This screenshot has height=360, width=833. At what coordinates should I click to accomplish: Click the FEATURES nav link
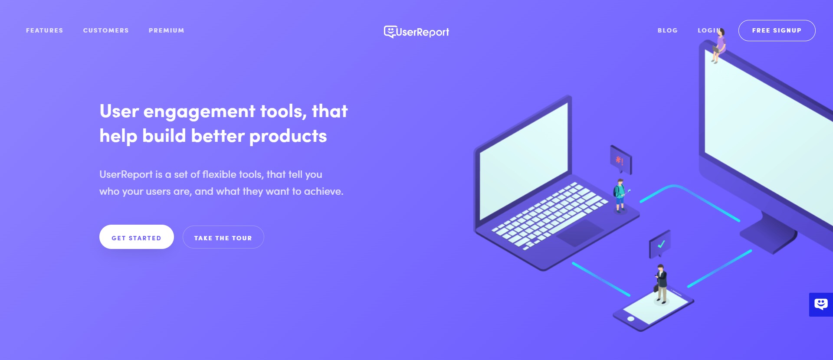[44, 30]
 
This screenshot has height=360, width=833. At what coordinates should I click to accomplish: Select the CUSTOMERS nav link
[106, 30]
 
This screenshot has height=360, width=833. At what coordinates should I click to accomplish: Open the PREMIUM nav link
[166, 30]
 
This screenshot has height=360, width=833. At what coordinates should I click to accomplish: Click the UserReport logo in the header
[416, 32]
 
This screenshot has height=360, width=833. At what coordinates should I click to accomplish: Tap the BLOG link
[667, 30]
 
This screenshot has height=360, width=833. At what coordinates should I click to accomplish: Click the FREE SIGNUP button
[777, 30]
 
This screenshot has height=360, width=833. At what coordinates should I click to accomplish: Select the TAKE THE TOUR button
[223, 237]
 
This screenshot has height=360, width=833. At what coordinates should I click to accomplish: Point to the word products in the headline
[288, 136]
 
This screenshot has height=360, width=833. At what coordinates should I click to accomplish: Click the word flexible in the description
[219, 174]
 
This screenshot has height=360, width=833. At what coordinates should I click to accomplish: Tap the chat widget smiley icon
[821, 304]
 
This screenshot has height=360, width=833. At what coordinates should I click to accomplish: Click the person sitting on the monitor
[718, 46]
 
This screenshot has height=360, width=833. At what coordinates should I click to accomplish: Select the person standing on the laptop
[620, 195]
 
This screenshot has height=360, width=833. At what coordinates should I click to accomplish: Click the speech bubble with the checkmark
[660, 244]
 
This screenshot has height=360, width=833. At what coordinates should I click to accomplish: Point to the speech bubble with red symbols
[620, 160]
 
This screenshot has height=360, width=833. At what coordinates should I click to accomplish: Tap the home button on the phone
[631, 319]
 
